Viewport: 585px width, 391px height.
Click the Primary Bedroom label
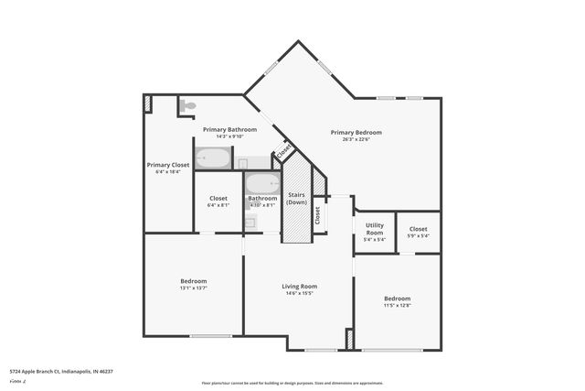tap(356, 133)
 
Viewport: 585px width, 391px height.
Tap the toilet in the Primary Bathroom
tap(187, 106)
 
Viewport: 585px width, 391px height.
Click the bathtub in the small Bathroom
tap(262, 183)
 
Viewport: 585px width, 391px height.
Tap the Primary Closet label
tap(168, 165)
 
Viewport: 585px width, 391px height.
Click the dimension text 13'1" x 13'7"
tap(193, 288)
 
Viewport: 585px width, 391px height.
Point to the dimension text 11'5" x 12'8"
tap(397, 306)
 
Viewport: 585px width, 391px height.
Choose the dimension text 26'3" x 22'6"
tap(356, 140)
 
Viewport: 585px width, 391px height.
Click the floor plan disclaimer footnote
tap(292, 383)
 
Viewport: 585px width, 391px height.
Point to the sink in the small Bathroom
tap(250, 222)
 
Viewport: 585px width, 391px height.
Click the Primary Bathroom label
tap(229, 129)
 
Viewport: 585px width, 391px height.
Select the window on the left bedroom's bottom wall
tap(210, 336)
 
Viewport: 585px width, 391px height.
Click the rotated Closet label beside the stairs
tap(317, 215)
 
